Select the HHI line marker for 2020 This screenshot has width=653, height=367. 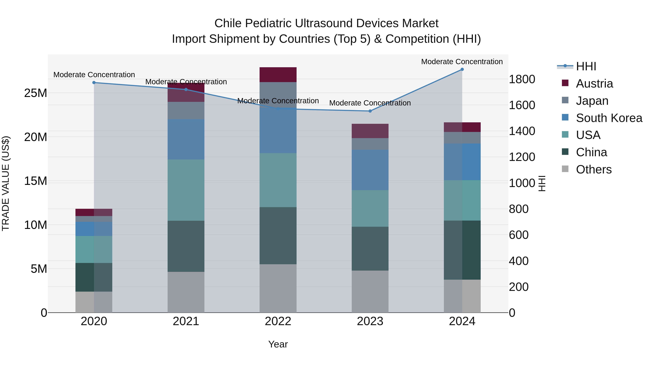coord(94,83)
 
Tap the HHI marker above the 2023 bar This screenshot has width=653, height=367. coord(370,111)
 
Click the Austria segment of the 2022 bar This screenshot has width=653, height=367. coord(278,75)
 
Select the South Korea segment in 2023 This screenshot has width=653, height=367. coord(370,170)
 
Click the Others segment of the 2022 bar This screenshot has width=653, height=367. coord(278,288)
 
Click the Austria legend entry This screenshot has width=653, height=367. coord(594,84)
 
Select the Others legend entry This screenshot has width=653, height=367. coord(594,169)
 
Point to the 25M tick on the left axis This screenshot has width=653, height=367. coord(36,93)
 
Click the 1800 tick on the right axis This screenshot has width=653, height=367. coord(522,79)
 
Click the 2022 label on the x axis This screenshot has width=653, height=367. coord(278,321)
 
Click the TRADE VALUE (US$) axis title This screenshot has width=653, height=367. coord(6,183)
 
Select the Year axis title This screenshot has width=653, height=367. coord(278,344)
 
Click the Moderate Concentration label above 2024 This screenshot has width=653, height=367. coord(462,62)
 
